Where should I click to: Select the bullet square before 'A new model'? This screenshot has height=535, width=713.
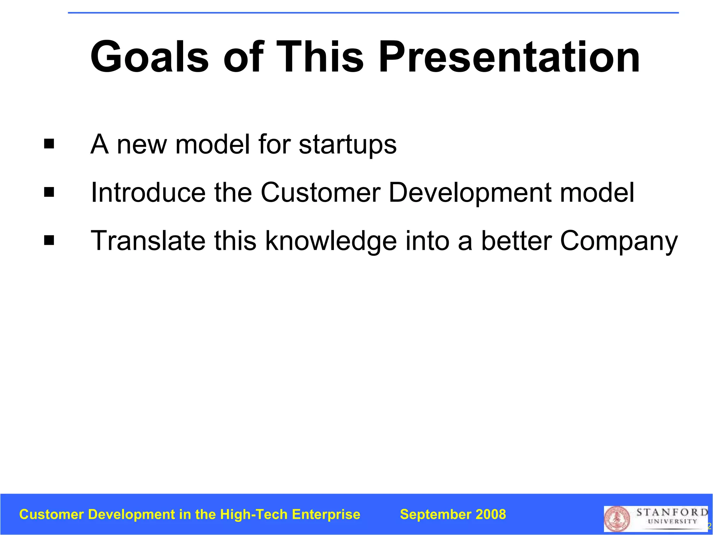pos(49,144)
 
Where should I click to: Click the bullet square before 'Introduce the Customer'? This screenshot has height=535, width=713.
pos(49,192)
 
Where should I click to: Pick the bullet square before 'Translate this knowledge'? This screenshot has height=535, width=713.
pos(49,240)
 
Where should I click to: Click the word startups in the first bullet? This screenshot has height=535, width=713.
pos(347,145)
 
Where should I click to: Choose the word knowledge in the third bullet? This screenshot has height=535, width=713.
pos(331,241)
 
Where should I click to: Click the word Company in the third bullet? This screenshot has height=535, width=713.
pos(619,241)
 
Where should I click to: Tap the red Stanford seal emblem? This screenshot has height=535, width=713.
pos(617,519)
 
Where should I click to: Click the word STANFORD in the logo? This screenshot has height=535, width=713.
pos(672,512)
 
